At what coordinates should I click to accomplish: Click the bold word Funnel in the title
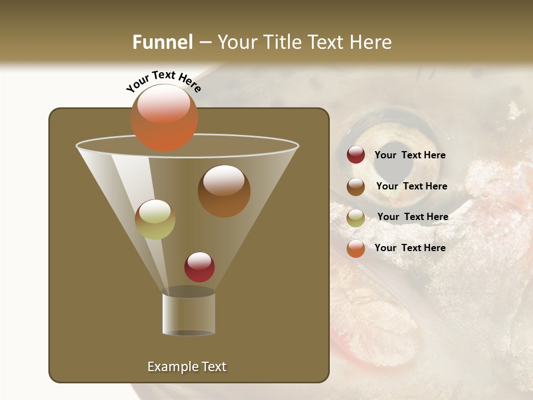tap(162, 42)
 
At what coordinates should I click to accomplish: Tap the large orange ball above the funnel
tap(164, 117)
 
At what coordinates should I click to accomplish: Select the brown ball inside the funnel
tap(224, 191)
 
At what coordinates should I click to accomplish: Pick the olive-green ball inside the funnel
tap(155, 219)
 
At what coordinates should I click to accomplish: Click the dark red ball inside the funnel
tap(199, 267)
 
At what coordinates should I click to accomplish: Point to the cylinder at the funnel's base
tap(188, 314)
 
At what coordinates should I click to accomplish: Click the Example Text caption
tap(187, 367)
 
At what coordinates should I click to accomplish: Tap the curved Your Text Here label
tap(163, 81)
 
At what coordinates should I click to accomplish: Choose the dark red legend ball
tap(356, 155)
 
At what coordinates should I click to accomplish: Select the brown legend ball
tap(356, 187)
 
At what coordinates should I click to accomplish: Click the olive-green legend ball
tap(356, 218)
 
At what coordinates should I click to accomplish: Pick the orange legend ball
tap(356, 248)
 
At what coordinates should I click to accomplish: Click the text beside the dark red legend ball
tap(410, 156)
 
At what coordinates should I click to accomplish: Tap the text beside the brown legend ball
tap(411, 187)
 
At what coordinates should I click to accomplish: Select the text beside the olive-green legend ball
tap(413, 217)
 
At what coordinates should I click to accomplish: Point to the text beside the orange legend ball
tap(410, 248)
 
